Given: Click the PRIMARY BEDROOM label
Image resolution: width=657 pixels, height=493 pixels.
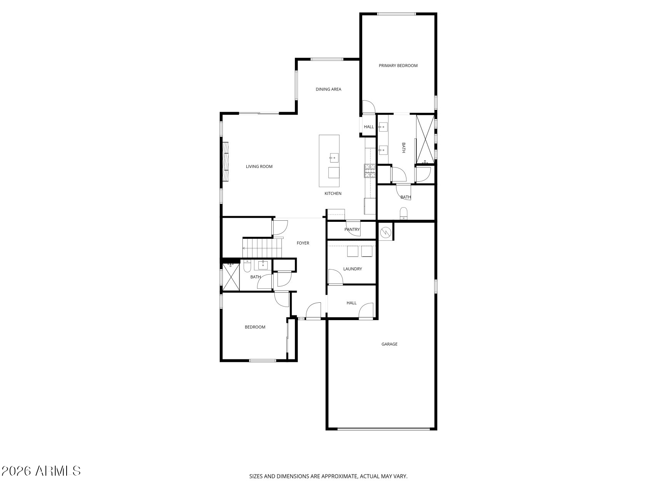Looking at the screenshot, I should click(398, 66).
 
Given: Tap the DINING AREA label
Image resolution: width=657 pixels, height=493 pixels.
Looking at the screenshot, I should click(328, 89).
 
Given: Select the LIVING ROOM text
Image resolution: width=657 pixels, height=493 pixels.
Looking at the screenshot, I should click(259, 167).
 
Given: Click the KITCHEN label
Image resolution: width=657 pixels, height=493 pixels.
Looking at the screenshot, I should click(333, 194).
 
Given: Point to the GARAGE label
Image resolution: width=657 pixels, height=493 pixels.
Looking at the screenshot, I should click(389, 344).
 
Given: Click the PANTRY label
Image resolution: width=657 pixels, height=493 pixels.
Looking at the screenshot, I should click(352, 230).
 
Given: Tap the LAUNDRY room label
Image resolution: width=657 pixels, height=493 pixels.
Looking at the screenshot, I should click(353, 269).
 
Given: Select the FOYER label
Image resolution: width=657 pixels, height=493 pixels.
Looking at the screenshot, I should click(303, 243).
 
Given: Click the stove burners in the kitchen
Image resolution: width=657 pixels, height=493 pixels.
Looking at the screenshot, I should click(370, 171).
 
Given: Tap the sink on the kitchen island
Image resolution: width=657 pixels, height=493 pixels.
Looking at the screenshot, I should click(333, 157).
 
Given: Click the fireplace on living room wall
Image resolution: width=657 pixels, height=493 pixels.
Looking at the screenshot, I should click(225, 161).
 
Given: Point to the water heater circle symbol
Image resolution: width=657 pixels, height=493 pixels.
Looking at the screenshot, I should click(385, 232).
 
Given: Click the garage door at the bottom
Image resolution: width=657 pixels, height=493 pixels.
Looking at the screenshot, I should click(383, 429).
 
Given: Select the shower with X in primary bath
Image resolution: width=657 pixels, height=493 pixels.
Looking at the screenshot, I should click(425, 139).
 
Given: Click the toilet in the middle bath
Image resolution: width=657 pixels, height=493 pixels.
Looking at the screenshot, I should click(403, 213).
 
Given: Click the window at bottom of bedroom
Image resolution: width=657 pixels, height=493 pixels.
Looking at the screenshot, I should click(262, 361).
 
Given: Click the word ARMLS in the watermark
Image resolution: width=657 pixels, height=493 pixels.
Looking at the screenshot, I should click(58, 471).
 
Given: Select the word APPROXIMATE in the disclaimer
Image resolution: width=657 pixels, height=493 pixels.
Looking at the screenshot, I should click(338, 476).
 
